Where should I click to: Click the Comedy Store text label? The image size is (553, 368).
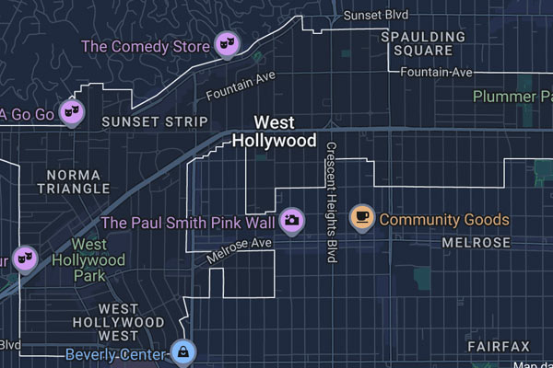point(145,45)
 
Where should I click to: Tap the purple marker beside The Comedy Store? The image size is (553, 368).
point(226,42)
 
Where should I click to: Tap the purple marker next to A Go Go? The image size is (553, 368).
point(72,112)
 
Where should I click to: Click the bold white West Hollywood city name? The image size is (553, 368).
point(274,132)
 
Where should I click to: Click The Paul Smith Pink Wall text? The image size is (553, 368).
point(188,222)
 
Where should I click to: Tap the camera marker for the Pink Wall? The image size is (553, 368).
point(292,219)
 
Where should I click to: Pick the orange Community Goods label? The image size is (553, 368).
point(443,220)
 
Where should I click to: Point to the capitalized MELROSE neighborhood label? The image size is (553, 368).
point(476,242)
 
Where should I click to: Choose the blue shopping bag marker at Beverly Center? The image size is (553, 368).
point(183,352)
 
